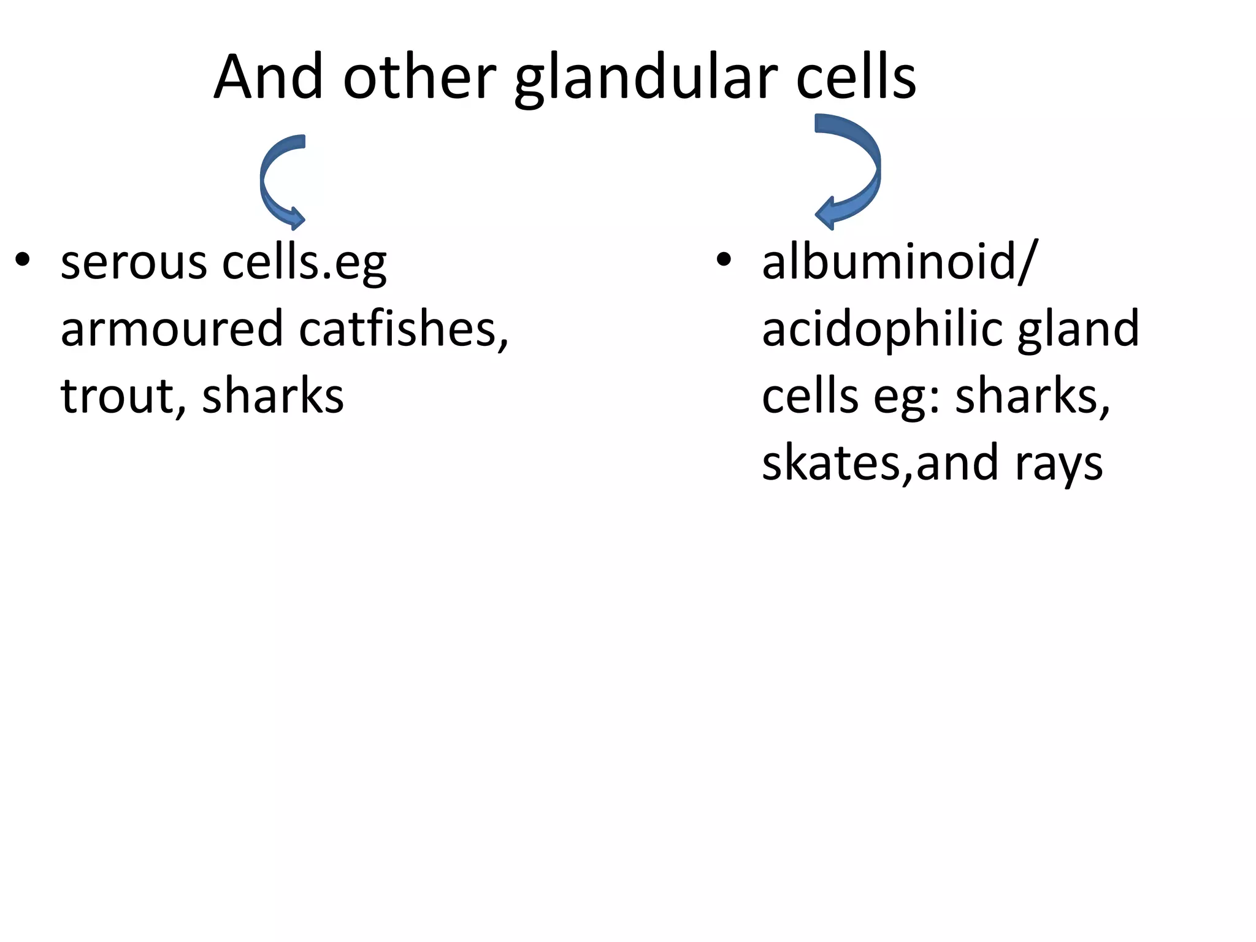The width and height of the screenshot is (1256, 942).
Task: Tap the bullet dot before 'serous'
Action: click(x=23, y=260)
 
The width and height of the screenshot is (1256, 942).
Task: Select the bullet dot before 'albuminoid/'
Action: click(x=724, y=260)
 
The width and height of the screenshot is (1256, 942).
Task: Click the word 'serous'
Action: click(x=134, y=264)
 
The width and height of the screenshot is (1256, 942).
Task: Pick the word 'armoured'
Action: click(x=171, y=329)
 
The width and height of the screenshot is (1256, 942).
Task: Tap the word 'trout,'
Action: click(x=123, y=396)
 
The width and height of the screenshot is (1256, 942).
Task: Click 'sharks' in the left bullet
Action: click(x=273, y=396)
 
